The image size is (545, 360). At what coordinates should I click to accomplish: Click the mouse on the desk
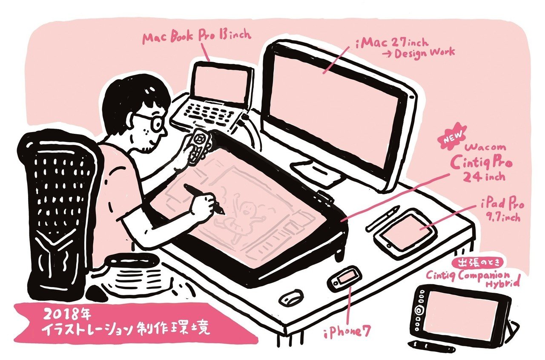pos(291,297)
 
